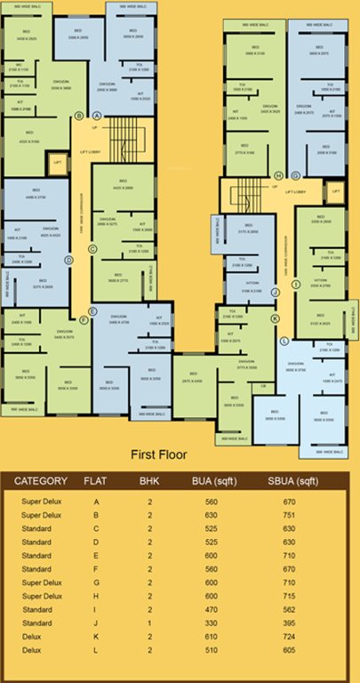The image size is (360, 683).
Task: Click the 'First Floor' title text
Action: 159,454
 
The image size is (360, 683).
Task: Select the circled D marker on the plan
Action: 68,261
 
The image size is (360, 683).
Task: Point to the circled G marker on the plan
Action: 295,175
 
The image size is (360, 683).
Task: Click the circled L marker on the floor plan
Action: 284,341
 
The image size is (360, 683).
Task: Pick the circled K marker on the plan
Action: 275,317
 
